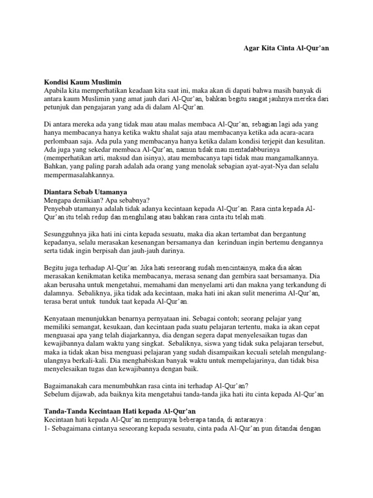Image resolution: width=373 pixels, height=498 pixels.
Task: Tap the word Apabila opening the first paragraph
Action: (57, 90)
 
